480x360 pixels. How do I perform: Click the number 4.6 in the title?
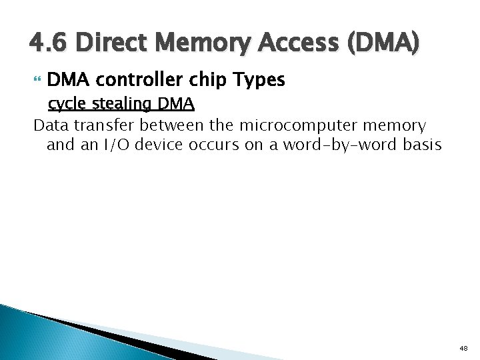[x=49, y=45]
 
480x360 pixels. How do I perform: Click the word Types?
[x=259, y=81]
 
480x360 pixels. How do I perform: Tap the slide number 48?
[x=463, y=348]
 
